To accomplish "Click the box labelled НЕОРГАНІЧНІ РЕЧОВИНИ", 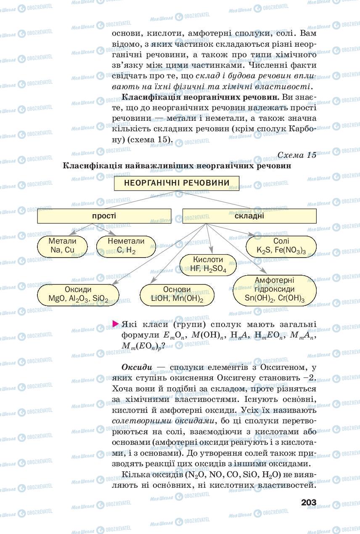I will point(177,183).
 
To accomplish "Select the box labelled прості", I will point(104,216).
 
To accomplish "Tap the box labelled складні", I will point(249,216).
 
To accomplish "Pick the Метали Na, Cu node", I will point(62,246).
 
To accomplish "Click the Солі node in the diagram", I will point(281,246).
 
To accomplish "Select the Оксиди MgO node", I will point(78,295).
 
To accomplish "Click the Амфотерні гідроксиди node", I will point(274,290).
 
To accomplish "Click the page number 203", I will point(308,502).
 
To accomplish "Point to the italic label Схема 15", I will point(296,155).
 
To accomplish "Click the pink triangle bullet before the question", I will point(116,324).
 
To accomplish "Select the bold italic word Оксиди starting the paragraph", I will point(136,367).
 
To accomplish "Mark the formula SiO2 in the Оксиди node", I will point(100,300).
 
